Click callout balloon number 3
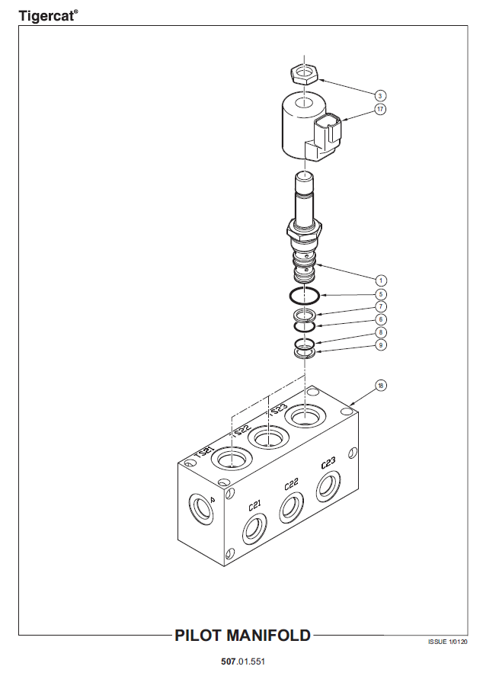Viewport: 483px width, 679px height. click(380, 96)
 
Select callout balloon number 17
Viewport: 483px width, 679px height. click(380, 109)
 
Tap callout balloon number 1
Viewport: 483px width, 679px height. click(380, 280)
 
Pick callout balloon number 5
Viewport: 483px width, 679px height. click(380, 294)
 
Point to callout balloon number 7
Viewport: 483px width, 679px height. click(380, 307)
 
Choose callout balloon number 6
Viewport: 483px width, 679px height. click(380, 319)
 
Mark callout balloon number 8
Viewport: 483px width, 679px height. click(380, 332)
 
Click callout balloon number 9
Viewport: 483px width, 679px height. click(380, 345)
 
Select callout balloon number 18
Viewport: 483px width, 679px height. click(380, 386)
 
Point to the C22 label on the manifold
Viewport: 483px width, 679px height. click(292, 485)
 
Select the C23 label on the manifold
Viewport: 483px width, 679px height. click(328, 463)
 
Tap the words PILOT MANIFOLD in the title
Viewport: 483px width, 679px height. click(242, 636)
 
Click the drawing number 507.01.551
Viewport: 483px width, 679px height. click(243, 661)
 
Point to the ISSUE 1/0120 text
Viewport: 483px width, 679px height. click(447, 642)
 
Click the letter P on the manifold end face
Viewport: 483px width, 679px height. click(213, 499)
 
